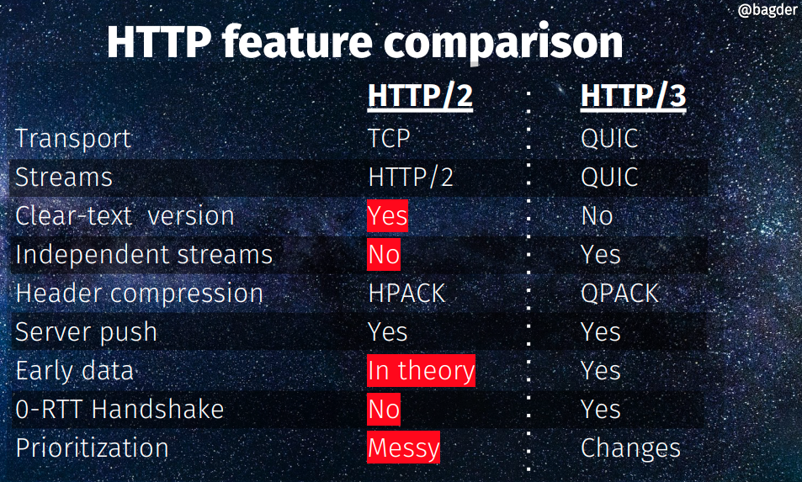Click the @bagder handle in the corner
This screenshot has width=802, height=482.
point(768,9)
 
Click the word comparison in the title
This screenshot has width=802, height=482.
point(503,42)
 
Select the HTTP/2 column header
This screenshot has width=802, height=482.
point(420,96)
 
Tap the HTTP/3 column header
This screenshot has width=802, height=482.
point(633,96)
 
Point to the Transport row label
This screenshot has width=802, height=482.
point(73,139)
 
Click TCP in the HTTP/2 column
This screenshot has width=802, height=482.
point(390,138)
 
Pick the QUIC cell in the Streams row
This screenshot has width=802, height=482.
point(609,177)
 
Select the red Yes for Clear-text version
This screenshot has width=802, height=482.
point(387,215)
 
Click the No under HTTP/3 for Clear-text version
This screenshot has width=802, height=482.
point(597,215)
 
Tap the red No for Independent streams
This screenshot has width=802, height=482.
point(384,255)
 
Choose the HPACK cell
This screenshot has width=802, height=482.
point(406,294)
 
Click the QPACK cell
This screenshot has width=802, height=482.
point(619,294)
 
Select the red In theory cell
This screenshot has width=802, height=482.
point(421,371)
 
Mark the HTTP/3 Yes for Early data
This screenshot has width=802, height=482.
point(601,371)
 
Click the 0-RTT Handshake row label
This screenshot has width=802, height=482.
point(120,410)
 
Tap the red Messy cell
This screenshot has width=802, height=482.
point(403,448)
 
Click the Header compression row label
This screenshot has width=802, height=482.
point(139,294)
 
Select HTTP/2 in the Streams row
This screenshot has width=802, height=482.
point(411,177)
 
